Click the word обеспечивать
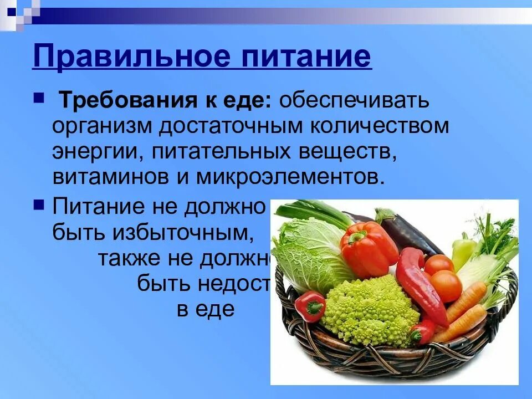point(354,101)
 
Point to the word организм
point(103,126)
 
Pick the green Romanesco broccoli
point(368,310)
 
